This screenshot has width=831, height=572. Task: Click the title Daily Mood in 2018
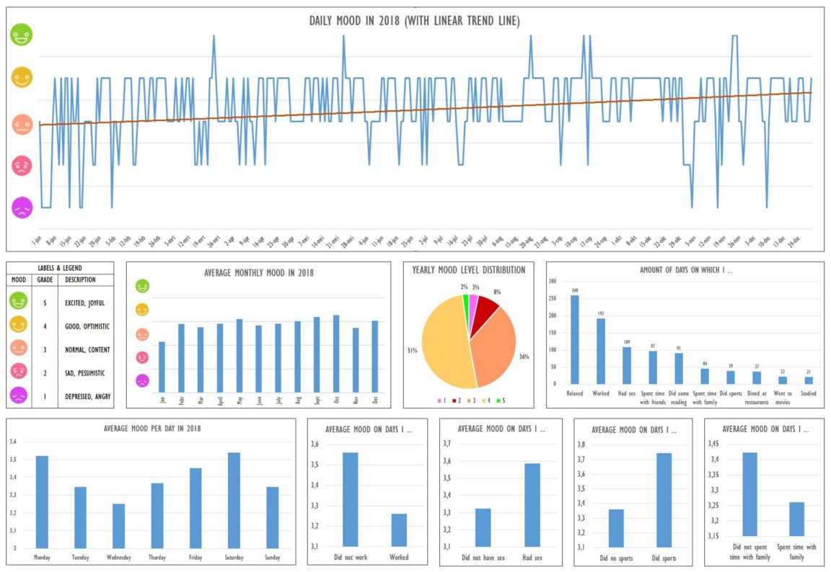coord(414,21)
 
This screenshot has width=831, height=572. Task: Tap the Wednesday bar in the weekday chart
coord(118,526)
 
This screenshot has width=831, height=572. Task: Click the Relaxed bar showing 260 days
coord(574,339)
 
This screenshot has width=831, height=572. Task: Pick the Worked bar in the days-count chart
coord(601,351)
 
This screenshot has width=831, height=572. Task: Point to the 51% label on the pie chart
coord(412,351)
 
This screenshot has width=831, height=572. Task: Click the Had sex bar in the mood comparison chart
coord(532,504)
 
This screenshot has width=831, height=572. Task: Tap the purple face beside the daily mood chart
coord(22,208)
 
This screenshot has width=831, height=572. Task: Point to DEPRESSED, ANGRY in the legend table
coord(87,396)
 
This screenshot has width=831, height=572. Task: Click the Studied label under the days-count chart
coord(808,393)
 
